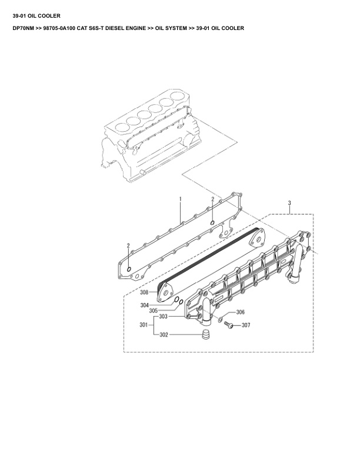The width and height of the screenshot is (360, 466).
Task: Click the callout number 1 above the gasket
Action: point(181,200)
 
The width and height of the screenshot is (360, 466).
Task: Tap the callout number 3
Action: point(289,203)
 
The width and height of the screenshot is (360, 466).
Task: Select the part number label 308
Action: point(144,292)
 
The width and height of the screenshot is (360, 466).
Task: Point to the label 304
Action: point(144,305)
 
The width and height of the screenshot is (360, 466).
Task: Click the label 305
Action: point(152,311)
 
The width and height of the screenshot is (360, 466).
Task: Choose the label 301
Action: point(144,325)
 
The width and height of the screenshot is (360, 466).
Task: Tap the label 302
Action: point(164,335)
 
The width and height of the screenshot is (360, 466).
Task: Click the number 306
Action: point(240,312)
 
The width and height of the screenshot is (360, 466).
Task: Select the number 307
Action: point(246,325)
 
